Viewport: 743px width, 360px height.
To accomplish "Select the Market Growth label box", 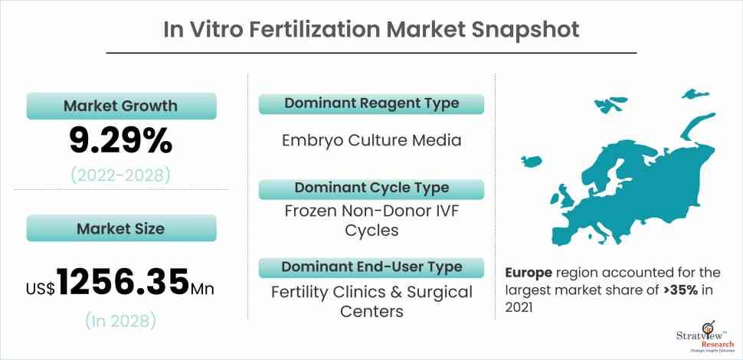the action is pos(121,106).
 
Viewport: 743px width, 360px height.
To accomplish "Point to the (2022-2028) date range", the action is pos(120,175).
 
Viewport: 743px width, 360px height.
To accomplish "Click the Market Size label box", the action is pos(121,228).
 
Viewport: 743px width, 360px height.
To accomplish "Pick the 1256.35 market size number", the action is pos(123,283).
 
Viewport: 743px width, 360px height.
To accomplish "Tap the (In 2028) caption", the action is pos(120,321).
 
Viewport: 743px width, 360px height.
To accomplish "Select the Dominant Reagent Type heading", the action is pos(371,103).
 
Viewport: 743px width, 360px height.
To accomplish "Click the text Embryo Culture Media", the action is pos(371,141).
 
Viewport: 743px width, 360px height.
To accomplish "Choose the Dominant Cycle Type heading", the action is pos(371,188).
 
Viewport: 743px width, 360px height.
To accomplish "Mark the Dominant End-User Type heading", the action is pos(371,267).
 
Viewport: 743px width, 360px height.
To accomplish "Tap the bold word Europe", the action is pos(529,273).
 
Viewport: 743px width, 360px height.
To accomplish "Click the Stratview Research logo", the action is pos(705,339).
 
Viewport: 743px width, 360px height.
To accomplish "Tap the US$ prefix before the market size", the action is pos(41,289).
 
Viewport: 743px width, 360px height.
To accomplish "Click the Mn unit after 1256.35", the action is pos(202,289).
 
